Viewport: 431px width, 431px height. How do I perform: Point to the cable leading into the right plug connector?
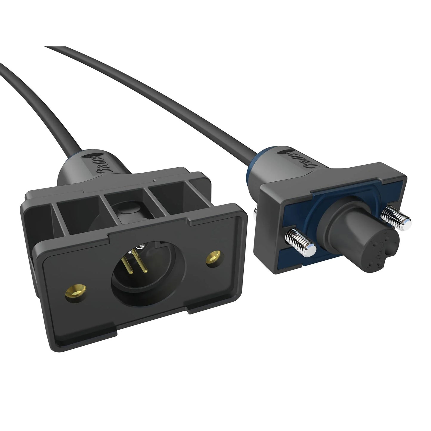(x=179, y=98)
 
